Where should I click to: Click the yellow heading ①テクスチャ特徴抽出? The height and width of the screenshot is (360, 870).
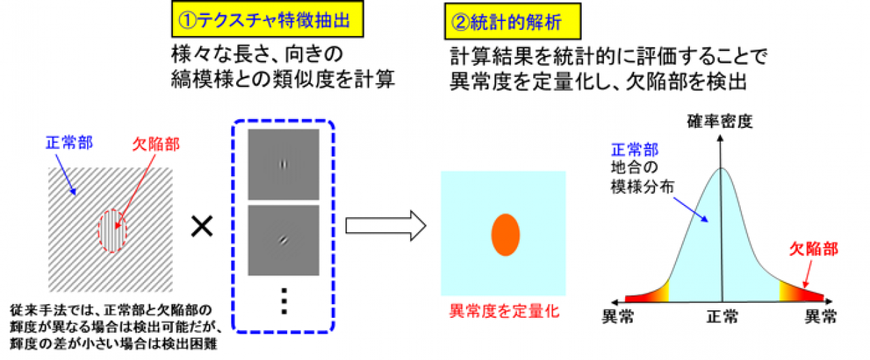click(268, 21)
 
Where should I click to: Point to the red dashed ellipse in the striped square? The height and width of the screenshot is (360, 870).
click(113, 229)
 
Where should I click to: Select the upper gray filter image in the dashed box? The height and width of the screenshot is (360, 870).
click(283, 164)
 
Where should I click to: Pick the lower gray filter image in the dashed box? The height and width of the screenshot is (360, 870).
click(283, 239)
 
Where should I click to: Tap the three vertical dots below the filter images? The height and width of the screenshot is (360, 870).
click(284, 299)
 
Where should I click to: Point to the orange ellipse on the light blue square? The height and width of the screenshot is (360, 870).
click(505, 233)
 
